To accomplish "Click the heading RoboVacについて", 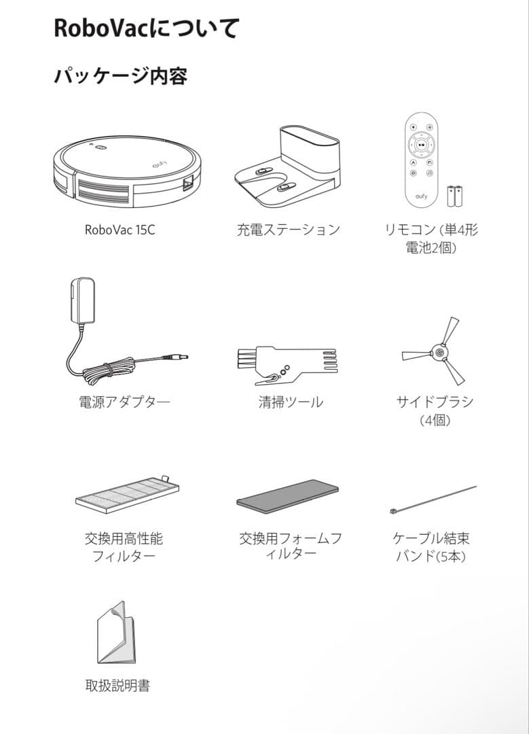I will [147, 29].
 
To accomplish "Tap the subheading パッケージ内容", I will [120, 76].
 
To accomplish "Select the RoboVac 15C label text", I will [120, 230].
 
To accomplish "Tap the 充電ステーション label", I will [288, 230].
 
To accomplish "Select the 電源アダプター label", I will [124, 402].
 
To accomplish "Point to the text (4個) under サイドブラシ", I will [435, 421].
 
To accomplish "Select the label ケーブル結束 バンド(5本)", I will [431, 547].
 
